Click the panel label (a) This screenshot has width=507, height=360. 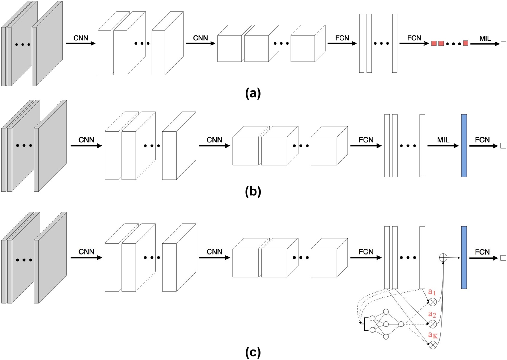pyautogui.click(x=253, y=93)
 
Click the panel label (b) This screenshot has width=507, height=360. pyautogui.click(x=253, y=192)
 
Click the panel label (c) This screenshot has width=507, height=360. pyautogui.click(x=253, y=352)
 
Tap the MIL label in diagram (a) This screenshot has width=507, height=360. pyautogui.click(x=485, y=39)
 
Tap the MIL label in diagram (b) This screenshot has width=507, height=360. pyautogui.click(x=443, y=140)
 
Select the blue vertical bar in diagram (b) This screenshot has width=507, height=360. pyautogui.click(x=464, y=146)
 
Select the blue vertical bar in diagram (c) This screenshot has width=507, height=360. pyautogui.click(x=464, y=257)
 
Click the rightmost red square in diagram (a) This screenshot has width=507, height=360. pyautogui.click(x=465, y=43)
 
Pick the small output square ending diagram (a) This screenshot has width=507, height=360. pyautogui.click(x=503, y=44)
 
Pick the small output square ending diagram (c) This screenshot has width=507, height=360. pyautogui.click(x=503, y=258)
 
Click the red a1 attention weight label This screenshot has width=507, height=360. pyautogui.click(x=432, y=292)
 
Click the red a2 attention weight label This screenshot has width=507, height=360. pyautogui.click(x=432, y=314)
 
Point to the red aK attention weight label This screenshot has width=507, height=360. pyautogui.click(x=432, y=335)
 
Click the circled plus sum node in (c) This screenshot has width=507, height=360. pyautogui.click(x=443, y=257)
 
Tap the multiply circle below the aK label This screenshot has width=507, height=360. pyautogui.click(x=433, y=345)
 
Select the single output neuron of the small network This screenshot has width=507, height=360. pyautogui.click(x=401, y=324)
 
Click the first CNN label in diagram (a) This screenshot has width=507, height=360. pyautogui.click(x=81, y=38)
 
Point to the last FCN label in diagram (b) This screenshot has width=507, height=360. pyautogui.click(x=482, y=140)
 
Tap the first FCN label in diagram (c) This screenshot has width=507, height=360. pyautogui.click(x=366, y=252)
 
